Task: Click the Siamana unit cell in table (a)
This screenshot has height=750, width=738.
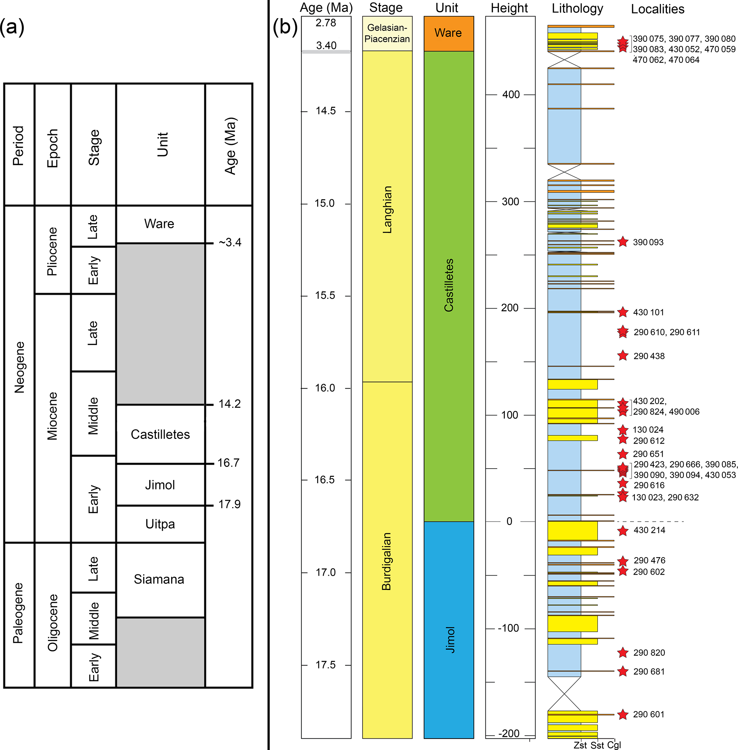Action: (159, 579)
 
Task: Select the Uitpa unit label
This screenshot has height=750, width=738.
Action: (160, 524)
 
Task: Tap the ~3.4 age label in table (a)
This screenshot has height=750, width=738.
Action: (230, 242)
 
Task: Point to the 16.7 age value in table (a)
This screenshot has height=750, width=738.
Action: (228, 463)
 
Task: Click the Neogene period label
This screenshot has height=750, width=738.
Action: (19, 367)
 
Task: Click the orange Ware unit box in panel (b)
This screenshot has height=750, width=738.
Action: (448, 33)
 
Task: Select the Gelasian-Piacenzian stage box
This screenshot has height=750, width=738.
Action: (387, 33)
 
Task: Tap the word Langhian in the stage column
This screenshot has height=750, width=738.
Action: (387, 210)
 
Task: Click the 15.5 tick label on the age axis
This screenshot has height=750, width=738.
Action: (325, 295)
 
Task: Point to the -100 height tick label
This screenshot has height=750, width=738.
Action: (508, 628)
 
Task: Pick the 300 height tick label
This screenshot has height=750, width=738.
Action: (510, 201)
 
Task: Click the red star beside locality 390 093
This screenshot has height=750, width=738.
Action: (623, 242)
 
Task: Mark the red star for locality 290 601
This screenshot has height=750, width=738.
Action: (623, 714)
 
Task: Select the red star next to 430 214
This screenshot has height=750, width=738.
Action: (623, 531)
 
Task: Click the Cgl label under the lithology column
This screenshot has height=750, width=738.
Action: (614, 745)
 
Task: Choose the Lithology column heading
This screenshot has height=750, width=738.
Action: (577, 9)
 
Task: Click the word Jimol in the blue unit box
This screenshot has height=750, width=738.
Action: (450, 640)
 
